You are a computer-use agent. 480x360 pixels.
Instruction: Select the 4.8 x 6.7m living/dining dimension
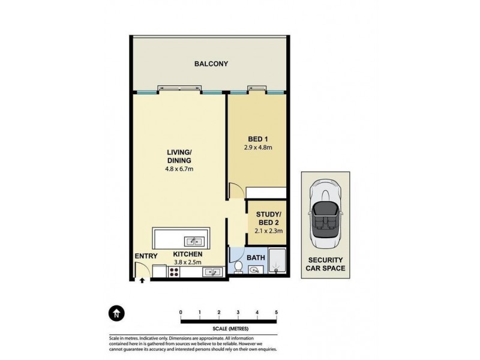pos(179,169)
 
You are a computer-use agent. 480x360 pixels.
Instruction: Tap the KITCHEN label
pos(188,254)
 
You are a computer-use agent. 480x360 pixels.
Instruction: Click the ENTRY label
pos(146,256)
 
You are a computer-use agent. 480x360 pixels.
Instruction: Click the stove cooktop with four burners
pos(175,272)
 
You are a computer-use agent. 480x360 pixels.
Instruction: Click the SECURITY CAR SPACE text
pos(326,264)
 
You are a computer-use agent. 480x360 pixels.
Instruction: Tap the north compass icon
pos(115,313)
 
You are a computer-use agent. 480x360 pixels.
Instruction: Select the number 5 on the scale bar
pos(276,312)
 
